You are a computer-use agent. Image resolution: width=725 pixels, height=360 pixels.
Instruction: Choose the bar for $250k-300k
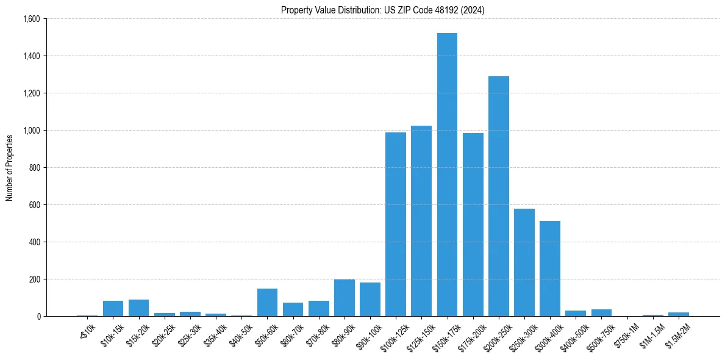coord(524,262)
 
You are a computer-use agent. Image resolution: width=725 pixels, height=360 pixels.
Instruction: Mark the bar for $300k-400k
coord(550,268)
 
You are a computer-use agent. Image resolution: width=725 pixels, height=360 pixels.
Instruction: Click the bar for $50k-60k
coord(267,303)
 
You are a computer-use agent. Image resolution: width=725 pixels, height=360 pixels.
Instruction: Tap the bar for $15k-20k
coord(139,308)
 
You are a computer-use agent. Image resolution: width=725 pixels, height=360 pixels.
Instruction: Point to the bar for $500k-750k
coord(601,313)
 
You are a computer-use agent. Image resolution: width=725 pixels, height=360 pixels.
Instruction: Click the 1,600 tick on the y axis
coord(31,19)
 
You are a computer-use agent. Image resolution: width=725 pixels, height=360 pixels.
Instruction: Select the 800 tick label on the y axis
coord(34,168)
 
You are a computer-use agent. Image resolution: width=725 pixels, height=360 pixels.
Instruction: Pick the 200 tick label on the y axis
coord(34,279)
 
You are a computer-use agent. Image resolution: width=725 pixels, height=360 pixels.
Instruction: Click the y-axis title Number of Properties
coord(10,168)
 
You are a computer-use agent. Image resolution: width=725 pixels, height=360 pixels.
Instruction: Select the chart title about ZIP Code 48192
coord(383,10)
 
